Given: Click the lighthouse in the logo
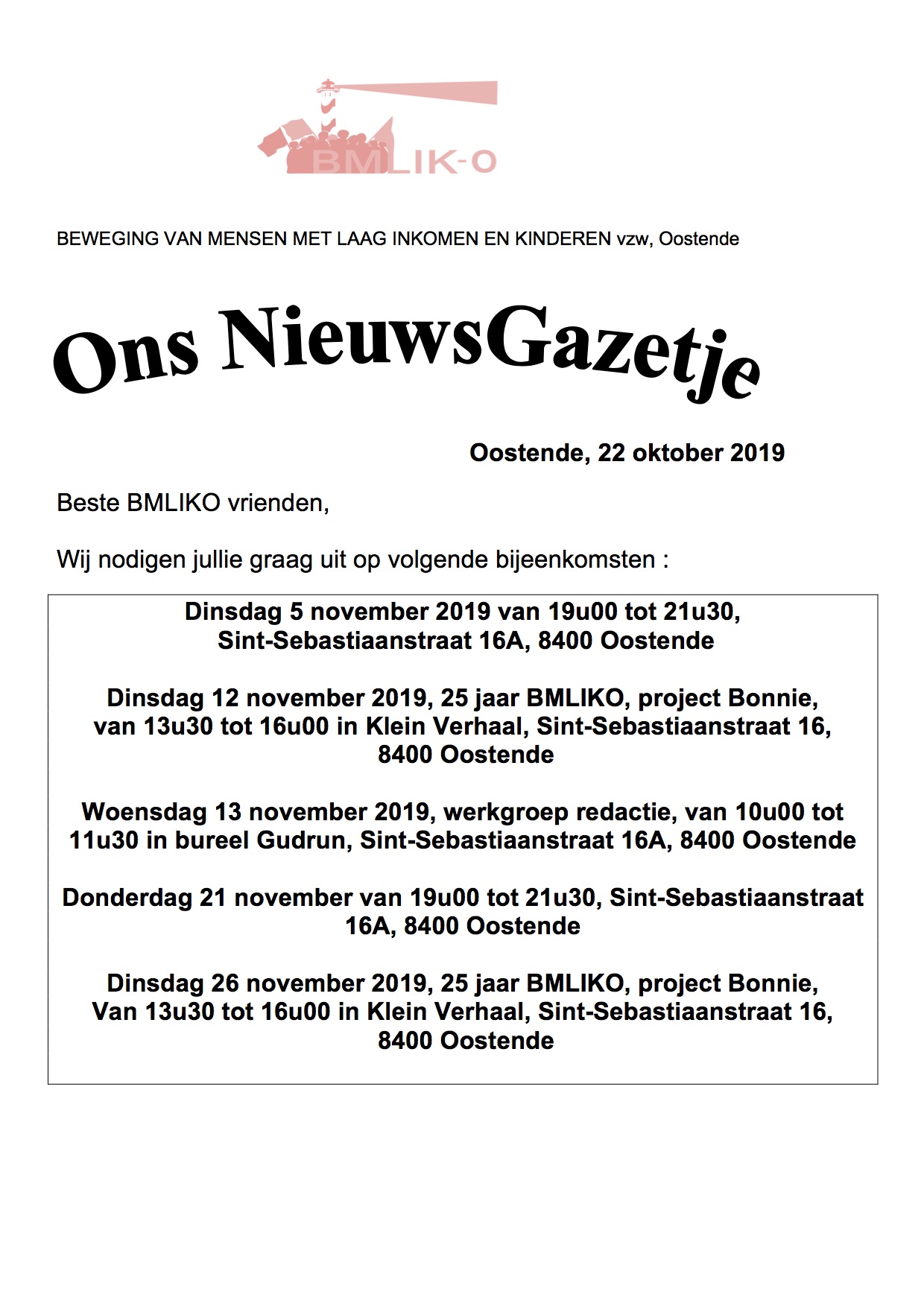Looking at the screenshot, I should [x=326, y=104].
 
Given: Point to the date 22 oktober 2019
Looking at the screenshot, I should [x=691, y=453].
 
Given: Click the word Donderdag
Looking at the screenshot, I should [x=127, y=898].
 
